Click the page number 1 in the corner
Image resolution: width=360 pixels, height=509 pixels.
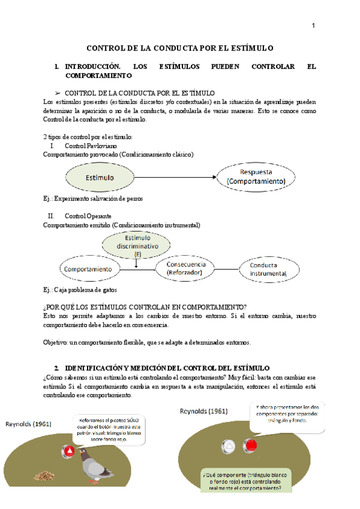click(313, 25)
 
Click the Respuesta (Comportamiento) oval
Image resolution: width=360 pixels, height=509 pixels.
click(256, 176)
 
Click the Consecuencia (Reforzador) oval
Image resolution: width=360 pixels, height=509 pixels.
click(186, 268)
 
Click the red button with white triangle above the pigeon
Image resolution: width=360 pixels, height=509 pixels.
click(70, 450)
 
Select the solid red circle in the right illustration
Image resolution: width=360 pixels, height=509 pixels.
click(251, 445)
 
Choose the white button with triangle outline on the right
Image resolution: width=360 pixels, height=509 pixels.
click(229, 445)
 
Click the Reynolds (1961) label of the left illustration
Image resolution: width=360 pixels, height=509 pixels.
click(28, 424)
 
